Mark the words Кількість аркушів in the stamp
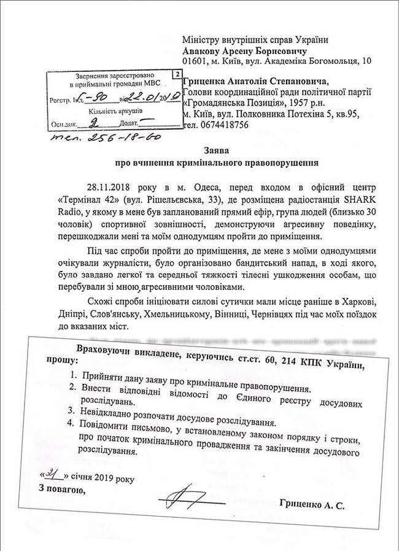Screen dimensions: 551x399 coord(119,111)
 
